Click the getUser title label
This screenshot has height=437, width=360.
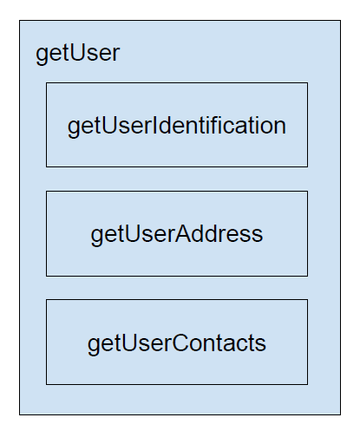[77, 54]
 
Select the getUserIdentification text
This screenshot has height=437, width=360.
[177, 126]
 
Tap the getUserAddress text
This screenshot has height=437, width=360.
[177, 234]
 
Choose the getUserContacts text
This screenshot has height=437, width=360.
[177, 343]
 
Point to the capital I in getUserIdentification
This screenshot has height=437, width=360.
[154, 126]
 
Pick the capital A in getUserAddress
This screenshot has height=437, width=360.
[183, 234]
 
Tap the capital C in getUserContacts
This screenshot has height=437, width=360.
[180, 342]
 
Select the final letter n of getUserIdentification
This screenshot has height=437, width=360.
[280, 128]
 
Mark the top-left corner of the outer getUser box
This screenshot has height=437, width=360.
[20, 21]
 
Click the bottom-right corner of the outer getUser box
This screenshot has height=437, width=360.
[340, 414]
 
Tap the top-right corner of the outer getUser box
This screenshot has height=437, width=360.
[340, 21]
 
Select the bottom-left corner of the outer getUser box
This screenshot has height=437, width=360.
[20, 414]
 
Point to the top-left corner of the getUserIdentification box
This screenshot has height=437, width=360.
[47, 83]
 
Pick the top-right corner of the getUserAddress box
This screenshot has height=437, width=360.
[308, 191]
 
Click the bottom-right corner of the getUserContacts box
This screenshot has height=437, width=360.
[308, 384]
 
